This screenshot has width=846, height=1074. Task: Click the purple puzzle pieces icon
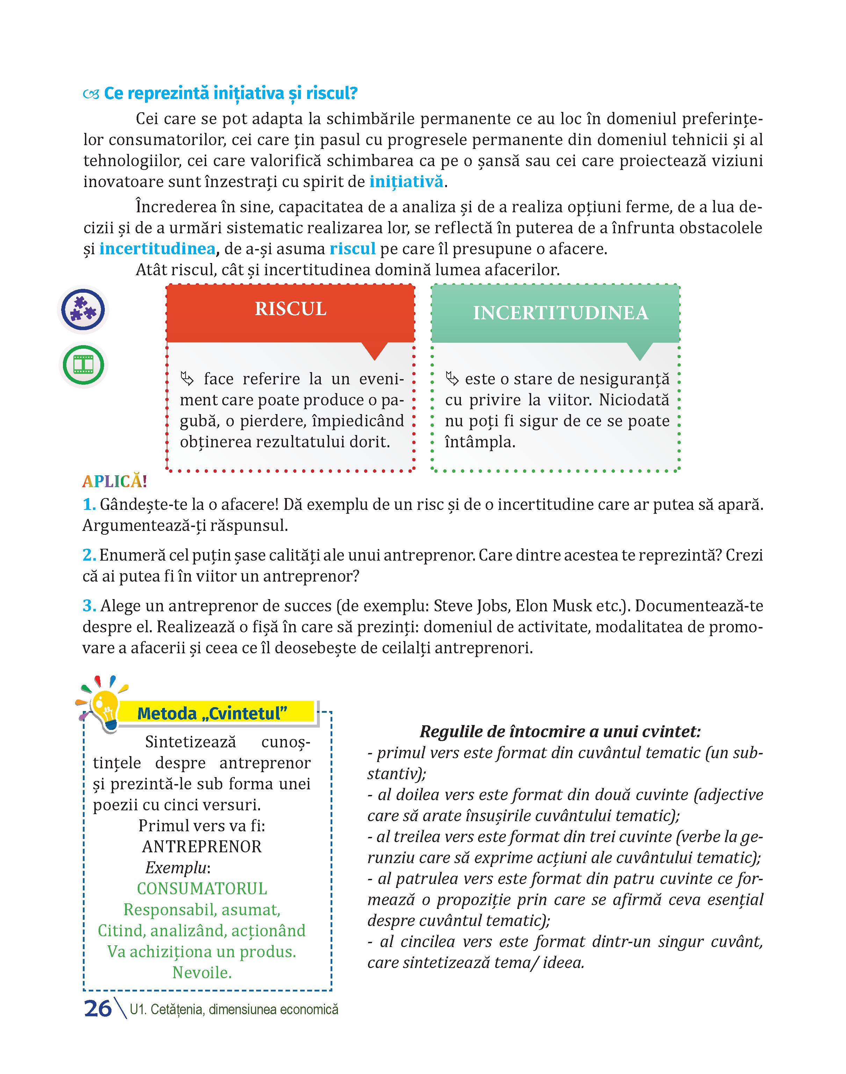tap(83, 310)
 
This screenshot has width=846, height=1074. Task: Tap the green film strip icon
tap(83, 365)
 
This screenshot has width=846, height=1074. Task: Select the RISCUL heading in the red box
tap(291, 309)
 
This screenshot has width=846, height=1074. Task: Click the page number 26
tap(97, 1009)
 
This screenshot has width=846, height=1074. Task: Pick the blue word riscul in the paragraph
tap(353, 248)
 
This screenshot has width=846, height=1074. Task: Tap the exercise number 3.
tap(89, 606)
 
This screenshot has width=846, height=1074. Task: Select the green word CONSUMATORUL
tap(202, 889)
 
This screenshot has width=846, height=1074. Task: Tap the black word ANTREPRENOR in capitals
tap(202, 847)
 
